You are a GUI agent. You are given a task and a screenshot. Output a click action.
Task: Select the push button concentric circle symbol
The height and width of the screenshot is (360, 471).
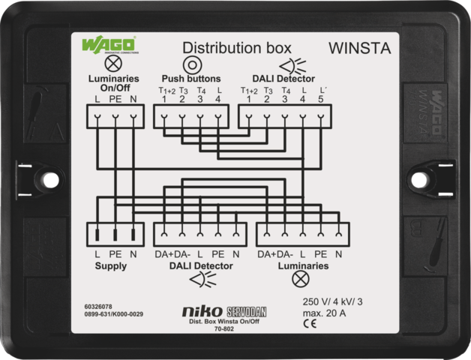coord(191,64)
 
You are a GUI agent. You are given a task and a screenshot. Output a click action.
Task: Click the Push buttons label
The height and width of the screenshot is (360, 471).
coord(191,78)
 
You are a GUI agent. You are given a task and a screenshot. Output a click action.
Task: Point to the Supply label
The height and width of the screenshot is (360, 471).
coord(110,265)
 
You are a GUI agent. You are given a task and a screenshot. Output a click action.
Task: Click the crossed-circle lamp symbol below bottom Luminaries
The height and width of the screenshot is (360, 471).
coord(300,279)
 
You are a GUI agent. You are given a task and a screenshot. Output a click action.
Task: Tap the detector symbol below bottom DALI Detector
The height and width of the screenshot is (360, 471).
coord(199,279)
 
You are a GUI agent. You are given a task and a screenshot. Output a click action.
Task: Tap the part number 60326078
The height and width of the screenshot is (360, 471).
coord(98,307)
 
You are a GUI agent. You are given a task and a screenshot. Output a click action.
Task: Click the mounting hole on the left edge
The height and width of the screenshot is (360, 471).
coord(50,180)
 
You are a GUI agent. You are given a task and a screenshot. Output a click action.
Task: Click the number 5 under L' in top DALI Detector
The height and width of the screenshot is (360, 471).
coord(321,99)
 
